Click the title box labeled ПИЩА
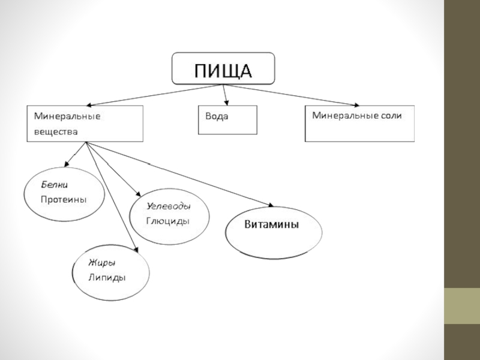pyautogui.click(x=224, y=68)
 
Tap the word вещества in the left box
pyautogui.click(x=56, y=130)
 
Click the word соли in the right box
pyautogui.click(x=389, y=115)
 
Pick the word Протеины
pyautogui.click(x=64, y=199)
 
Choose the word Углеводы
pyautogui.click(x=169, y=206)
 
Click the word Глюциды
pyautogui.click(x=168, y=220)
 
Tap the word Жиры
pyautogui.click(x=101, y=263)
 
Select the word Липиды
pyautogui.click(x=107, y=277)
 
